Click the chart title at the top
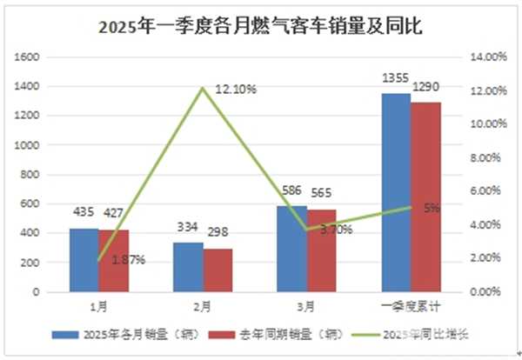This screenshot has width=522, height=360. pyautogui.click(x=260, y=26)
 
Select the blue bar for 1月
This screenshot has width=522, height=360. pyautogui.click(x=84, y=260)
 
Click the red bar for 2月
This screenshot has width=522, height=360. pyautogui.click(x=218, y=270)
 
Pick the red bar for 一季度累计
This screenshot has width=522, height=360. pyautogui.click(x=425, y=197)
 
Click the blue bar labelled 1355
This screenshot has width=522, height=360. pyautogui.click(x=396, y=192)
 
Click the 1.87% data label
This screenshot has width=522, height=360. pyautogui.click(x=129, y=259)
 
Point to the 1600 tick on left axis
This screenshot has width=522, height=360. pyautogui.click(x=31, y=57)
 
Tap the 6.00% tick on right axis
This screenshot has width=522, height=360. pyautogui.click(x=486, y=190)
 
